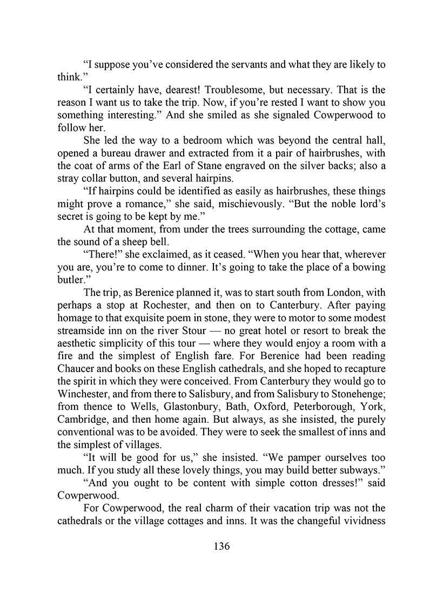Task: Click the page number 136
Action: click(222, 546)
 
